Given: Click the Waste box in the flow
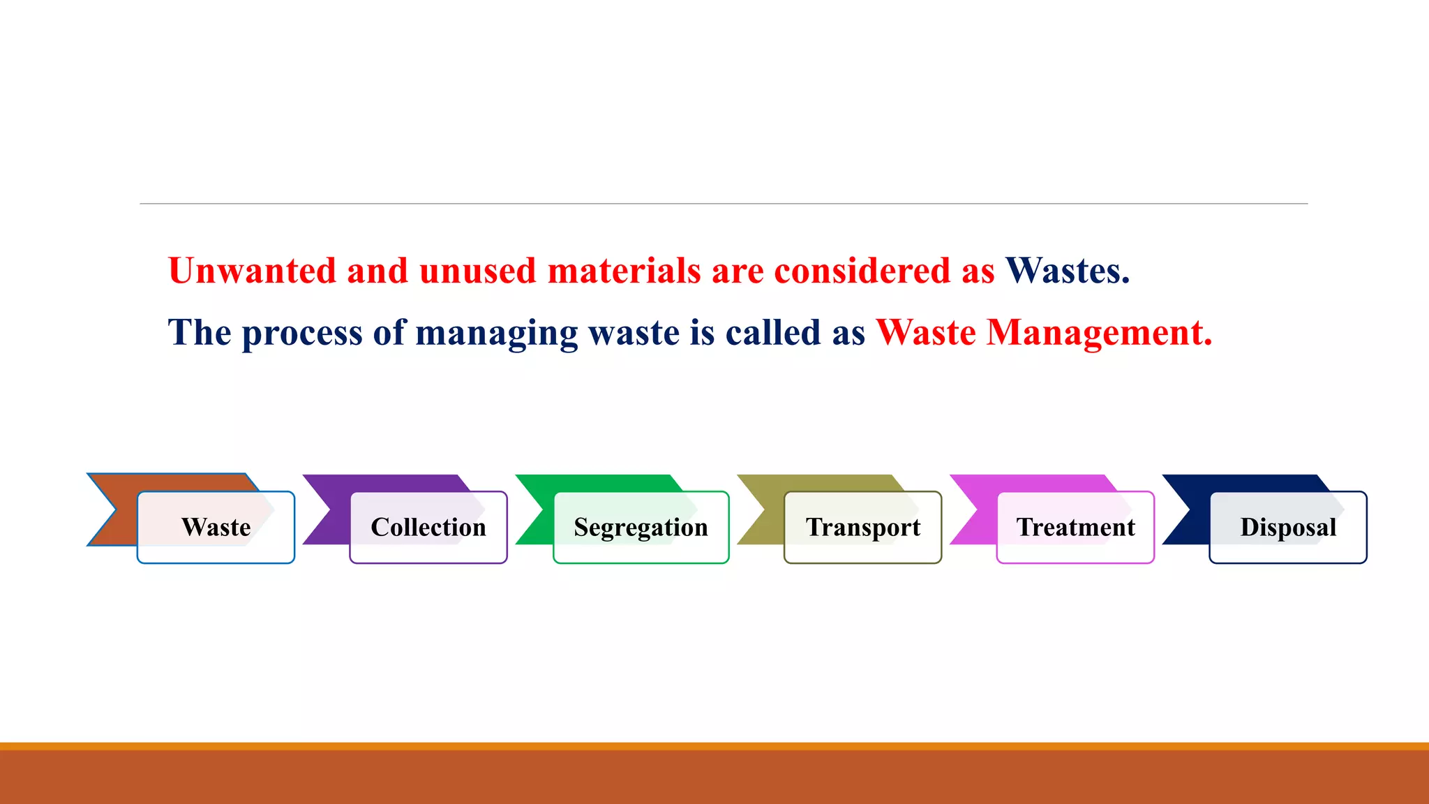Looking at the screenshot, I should pyautogui.click(x=216, y=528).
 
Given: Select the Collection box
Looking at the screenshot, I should pyautogui.click(x=428, y=528).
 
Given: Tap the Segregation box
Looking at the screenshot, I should pyautogui.click(x=641, y=528).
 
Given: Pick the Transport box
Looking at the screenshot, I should pyautogui.click(x=863, y=528).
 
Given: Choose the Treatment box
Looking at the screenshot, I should pyautogui.click(x=1075, y=528).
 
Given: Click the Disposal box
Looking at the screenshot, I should pyautogui.click(x=1288, y=528).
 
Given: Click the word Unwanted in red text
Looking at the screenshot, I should pyautogui.click(x=252, y=271).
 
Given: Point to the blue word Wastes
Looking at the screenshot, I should pyautogui.click(x=1067, y=271).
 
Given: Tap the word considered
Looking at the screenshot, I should pyautogui.click(x=862, y=271).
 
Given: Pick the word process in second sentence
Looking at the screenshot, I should pyautogui.click(x=302, y=333).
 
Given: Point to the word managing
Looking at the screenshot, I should pyautogui.click(x=496, y=333).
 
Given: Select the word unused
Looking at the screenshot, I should pyautogui.click(x=477, y=271).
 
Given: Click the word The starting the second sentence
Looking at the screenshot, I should pyautogui.click(x=200, y=333).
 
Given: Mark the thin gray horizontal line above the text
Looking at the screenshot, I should pyautogui.click(x=724, y=204).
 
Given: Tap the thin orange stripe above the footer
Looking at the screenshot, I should pyautogui.click(x=714, y=746).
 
